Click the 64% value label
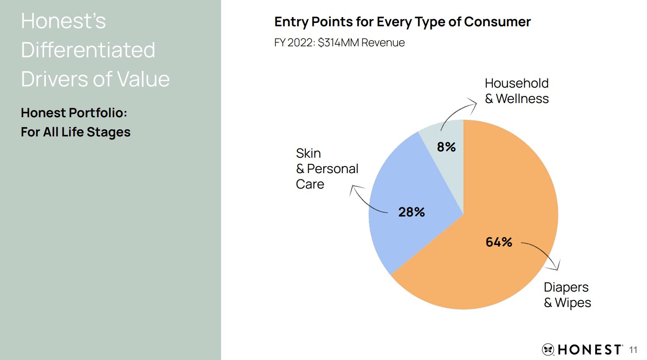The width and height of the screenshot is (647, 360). click(x=498, y=242)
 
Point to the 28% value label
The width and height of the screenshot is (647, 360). click(x=411, y=212)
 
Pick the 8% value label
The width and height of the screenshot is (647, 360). click(x=446, y=147)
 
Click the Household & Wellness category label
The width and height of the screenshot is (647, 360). click(x=516, y=91)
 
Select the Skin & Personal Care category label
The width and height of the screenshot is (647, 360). click(x=327, y=169)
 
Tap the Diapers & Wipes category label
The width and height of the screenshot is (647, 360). click(x=567, y=295)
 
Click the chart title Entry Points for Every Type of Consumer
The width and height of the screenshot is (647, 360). click(x=402, y=22)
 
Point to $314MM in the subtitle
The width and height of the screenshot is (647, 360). click(x=338, y=43)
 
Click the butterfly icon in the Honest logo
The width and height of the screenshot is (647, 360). click(x=548, y=349)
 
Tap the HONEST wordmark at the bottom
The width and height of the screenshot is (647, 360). click(x=589, y=350)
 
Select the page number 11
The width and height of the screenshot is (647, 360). click(x=633, y=350)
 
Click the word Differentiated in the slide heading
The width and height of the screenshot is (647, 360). click(x=88, y=50)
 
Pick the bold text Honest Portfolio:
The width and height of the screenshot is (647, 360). click(x=74, y=113)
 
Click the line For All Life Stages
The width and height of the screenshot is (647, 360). click(x=76, y=132)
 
